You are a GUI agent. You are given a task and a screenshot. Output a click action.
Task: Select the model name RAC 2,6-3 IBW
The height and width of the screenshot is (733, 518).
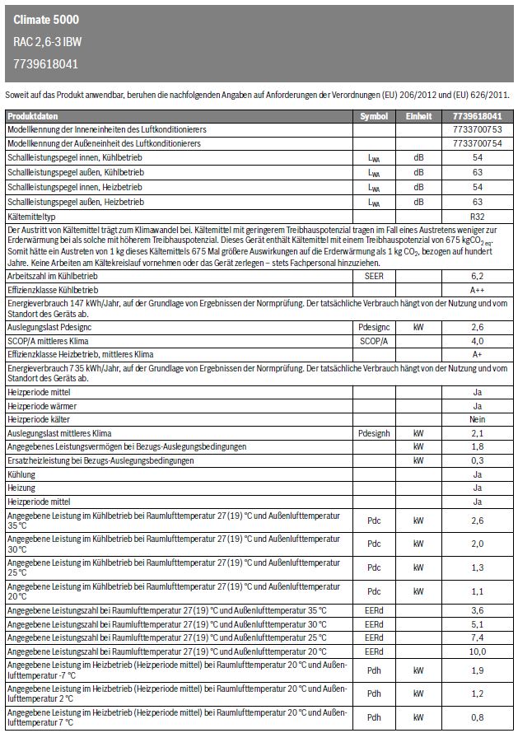(x=47, y=41)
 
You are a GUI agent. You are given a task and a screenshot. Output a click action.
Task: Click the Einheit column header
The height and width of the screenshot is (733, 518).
(x=418, y=117)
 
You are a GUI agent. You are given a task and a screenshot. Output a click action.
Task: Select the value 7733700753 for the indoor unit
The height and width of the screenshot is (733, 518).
(x=477, y=130)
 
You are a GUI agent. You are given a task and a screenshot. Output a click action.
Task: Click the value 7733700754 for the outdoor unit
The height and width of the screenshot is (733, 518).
(x=477, y=143)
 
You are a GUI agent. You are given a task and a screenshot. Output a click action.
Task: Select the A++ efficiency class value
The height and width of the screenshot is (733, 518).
(x=477, y=290)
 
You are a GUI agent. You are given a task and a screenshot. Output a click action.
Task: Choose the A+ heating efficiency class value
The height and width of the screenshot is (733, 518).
(x=477, y=353)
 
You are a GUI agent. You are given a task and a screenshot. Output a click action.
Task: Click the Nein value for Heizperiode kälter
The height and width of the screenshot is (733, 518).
(x=477, y=419)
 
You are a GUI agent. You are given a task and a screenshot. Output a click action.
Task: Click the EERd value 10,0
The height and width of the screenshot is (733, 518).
(x=477, y=651)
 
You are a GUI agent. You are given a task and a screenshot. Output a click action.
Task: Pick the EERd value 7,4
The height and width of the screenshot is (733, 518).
(x=477, y=637)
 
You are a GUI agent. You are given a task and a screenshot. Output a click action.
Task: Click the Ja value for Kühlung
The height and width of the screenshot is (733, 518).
(x=477, y=474)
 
